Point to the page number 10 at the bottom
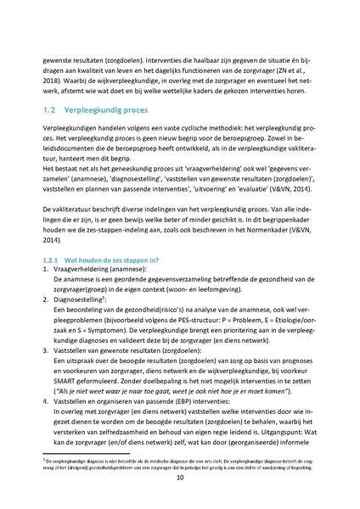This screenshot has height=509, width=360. (179, 478)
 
